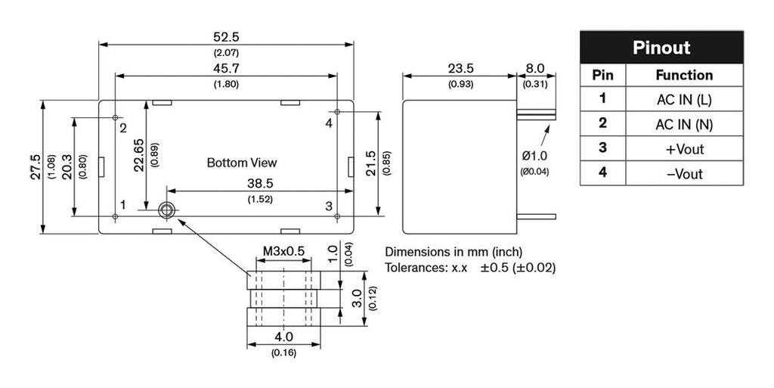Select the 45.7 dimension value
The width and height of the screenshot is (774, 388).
pyautogui.click(x=226, y=69)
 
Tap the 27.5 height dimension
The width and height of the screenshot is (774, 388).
pyautogui.click(x=35, y=168)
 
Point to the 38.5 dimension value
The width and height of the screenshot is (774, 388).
pyautogui.click(x=260, y=184)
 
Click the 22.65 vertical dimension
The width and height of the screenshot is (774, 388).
pyautogui.click(x=139, y=155)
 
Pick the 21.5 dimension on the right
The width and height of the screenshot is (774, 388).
pyautogui.click(x=370, y=163)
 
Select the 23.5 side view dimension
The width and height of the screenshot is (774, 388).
pyautogui.click(x=460, y=69)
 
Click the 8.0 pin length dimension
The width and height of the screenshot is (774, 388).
pyautogui.click(x=535, y=69)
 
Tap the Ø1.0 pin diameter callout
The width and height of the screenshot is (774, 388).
pyautogui.click(x=535, y=156)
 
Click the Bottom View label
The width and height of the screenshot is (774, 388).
pyautogui.click(x=242, y=163)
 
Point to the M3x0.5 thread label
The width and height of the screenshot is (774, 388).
pyautogui.click(x=283, y=250)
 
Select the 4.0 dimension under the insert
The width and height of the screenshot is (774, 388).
pyautogui.click(x=283, y=337)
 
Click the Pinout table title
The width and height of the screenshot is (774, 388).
pyautogui.click(x=661, y=48)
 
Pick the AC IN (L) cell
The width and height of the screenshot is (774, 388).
pyautogui.click(x=684, y=99)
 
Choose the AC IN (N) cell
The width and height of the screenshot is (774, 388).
pyautogui.click(x=684, y=124)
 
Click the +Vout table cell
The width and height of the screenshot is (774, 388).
pyautogui.click(x=684, y=149)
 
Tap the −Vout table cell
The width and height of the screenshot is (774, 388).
pyautogui.click(x=684, y=174)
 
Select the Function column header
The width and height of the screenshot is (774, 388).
pyautogui.click(x=684, y=75)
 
